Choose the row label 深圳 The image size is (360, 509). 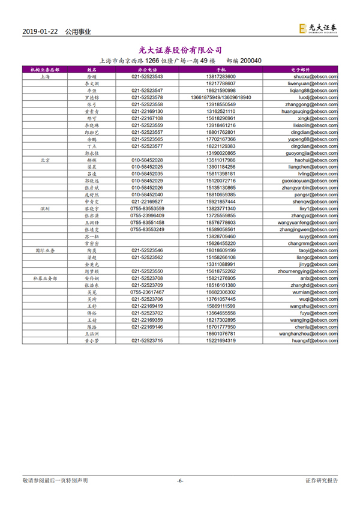pyautogui.click(x=44, y=209)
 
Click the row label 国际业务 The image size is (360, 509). pyautogui.click(x=44, y=248)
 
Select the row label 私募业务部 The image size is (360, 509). pyautogui.click(x=44, y=279)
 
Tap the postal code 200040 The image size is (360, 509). pyautogui.click(x=250, y=61)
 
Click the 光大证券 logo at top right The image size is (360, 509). pyautogui.click(x=318, y=28)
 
